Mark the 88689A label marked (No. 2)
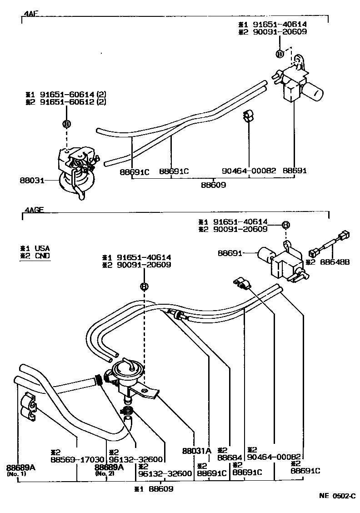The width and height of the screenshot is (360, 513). click(109, 468)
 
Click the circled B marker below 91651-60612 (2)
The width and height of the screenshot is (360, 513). click(66, 124)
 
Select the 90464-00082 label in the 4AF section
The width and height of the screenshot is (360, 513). click(249, 171)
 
